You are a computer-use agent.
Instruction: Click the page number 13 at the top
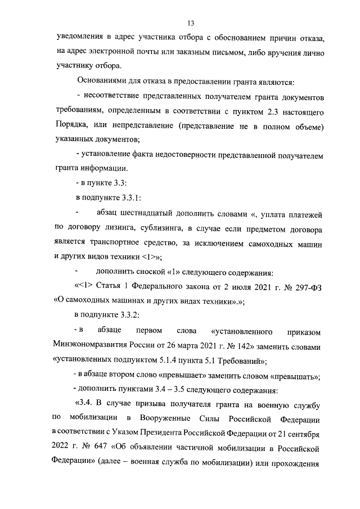(x=190, y=23)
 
